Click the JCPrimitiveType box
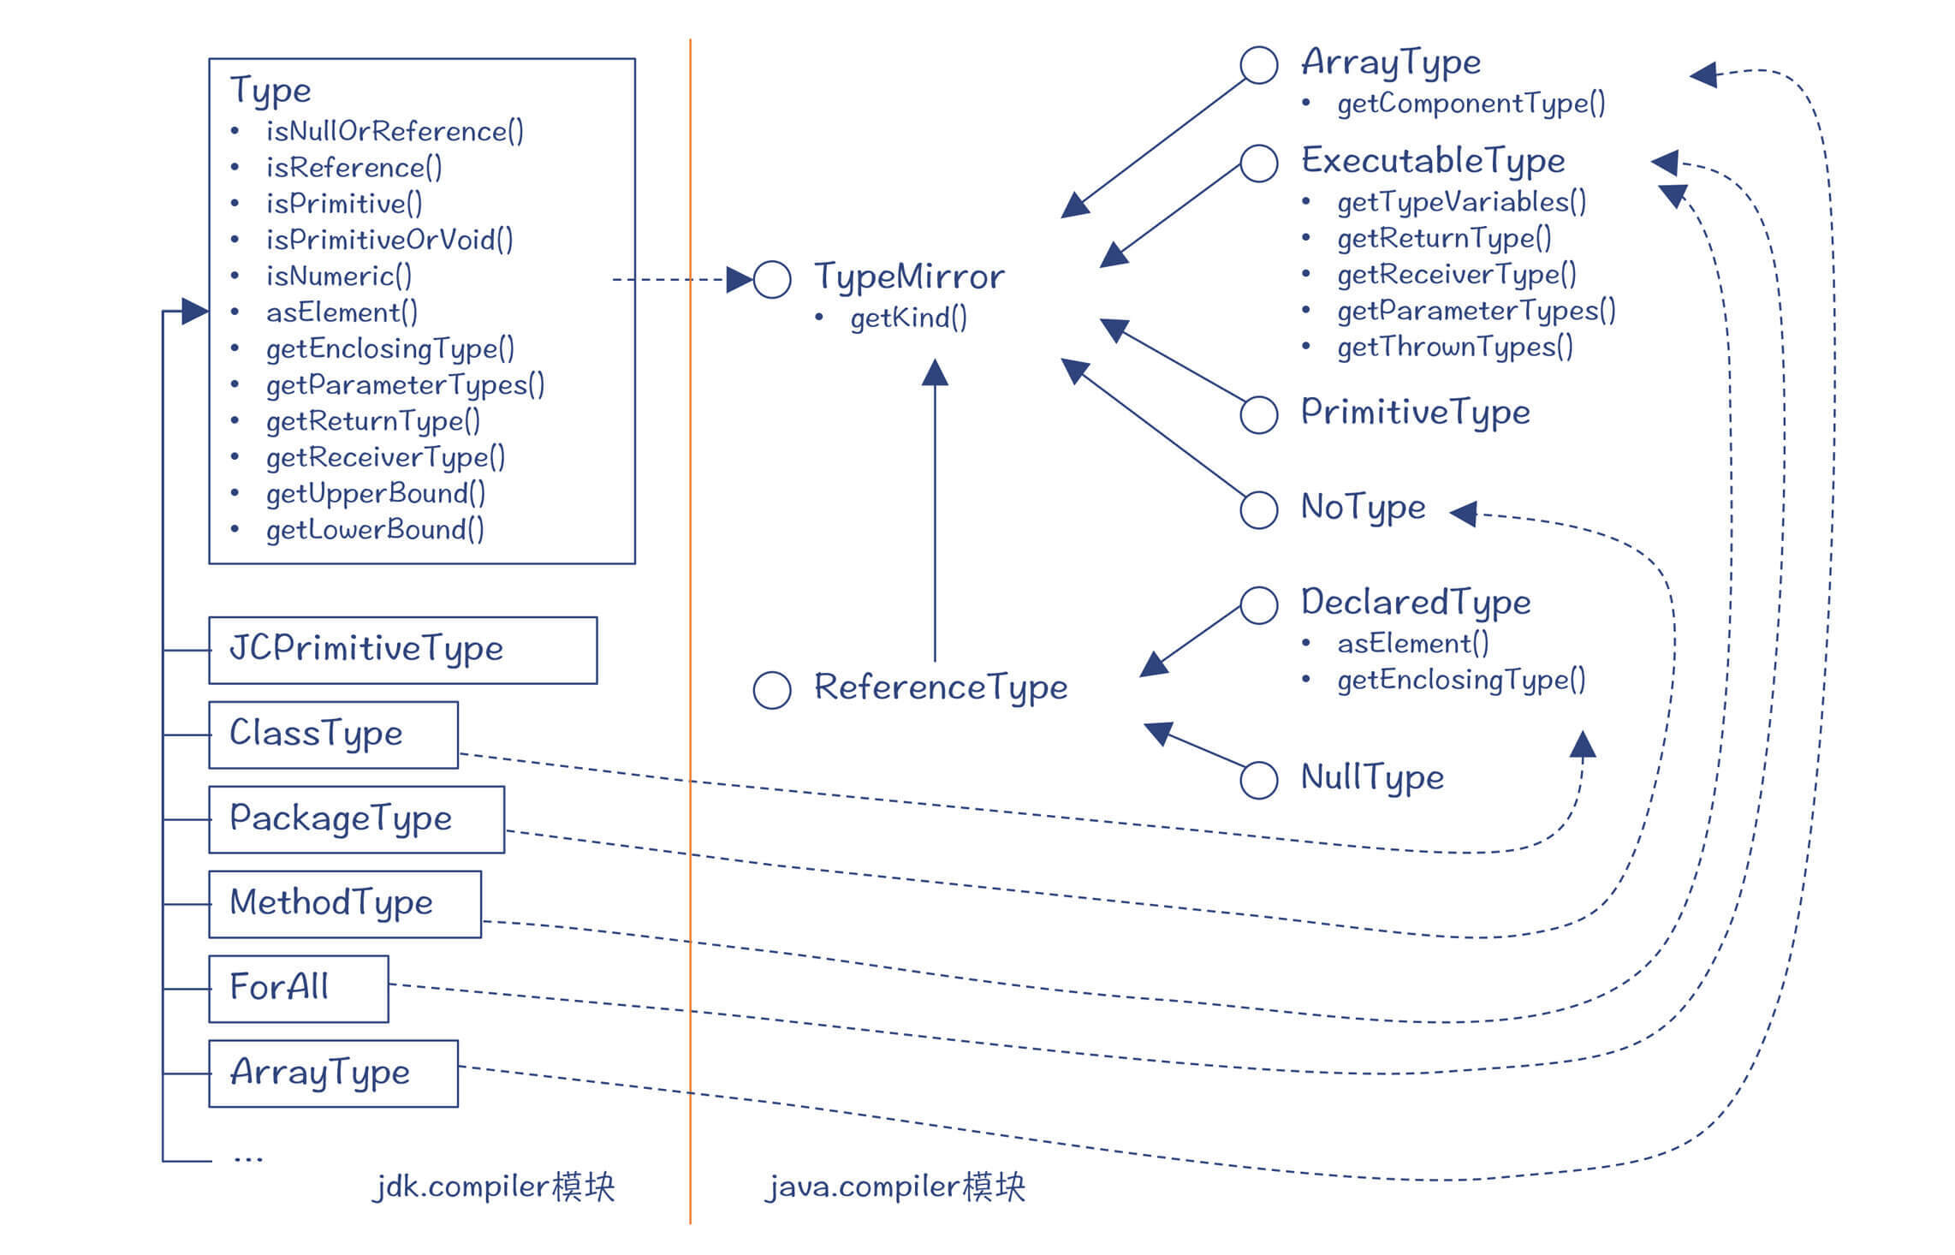coord(402,650)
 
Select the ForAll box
coord(298,988)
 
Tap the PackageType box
coord(356,819)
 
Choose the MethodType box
coord(344,904)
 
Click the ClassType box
coord(333,735)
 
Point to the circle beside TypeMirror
coord(771,280)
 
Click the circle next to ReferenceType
coord(771,690)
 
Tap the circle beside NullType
coord(1258,780)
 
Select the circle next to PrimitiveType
coord(1258,415)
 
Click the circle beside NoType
coord(1258,510)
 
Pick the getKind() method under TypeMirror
coord(908,318)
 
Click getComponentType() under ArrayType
coord(1471,104)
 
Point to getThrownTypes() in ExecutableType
coord(1455,347)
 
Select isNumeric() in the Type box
coord(339,276)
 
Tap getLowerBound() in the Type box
coord(375,530)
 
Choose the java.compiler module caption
coord(894,1187)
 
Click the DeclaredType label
coord(1416,603)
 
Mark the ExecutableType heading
coord(1433,161)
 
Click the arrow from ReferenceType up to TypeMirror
coord(935,514)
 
